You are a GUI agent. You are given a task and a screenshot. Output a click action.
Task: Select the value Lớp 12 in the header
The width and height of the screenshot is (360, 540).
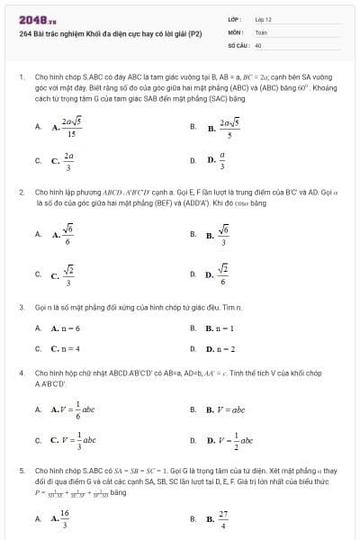263,18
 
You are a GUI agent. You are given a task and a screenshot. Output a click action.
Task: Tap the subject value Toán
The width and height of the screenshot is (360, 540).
261,31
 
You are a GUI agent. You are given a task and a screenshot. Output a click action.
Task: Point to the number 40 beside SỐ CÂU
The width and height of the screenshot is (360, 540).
258,44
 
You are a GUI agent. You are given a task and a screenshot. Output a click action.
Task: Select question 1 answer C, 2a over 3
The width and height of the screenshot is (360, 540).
64,161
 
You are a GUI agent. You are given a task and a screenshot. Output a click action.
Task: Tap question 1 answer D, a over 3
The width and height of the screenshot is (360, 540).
217,161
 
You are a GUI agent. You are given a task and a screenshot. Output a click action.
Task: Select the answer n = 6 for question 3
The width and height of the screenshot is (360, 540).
66,328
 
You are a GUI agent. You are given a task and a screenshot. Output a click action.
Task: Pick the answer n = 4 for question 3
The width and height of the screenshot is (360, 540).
66,348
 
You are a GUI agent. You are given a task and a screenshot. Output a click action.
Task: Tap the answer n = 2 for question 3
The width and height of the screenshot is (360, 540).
221,348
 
